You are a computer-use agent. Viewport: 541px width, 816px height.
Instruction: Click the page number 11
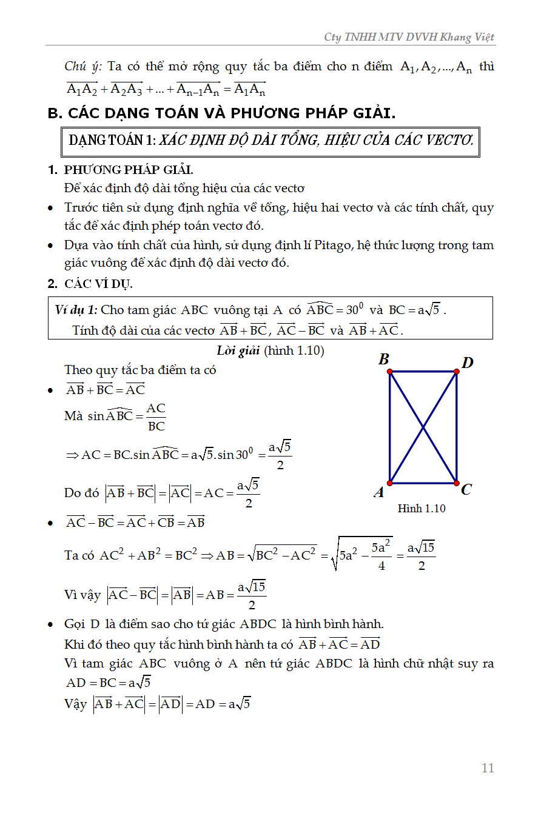click(x=488, y=768)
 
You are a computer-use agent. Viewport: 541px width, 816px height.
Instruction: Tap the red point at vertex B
click(x=389, y=372)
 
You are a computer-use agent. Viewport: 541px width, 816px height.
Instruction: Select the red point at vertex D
click(x=456, y=372)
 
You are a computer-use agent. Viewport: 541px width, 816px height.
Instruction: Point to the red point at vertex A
click(x=389, y=483)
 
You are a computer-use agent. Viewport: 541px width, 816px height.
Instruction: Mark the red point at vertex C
click(x=456, y=483)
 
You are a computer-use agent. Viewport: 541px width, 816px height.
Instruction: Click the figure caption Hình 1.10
click(x=422, y=509)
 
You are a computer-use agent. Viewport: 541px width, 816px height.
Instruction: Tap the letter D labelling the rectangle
click(x=467, y=363)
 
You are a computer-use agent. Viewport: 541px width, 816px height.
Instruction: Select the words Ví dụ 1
click(x=76, y=310)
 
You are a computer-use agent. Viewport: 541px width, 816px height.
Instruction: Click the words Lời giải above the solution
click(x=238, y=350)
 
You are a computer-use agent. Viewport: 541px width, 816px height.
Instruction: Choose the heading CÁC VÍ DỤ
click(x=98, y=284)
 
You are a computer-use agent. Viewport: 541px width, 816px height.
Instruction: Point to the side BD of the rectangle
click(x=423, y=372)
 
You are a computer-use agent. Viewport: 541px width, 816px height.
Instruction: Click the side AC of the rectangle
click(x=423, y=483)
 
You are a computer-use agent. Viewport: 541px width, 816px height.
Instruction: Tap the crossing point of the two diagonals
click(x=423, y=427)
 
